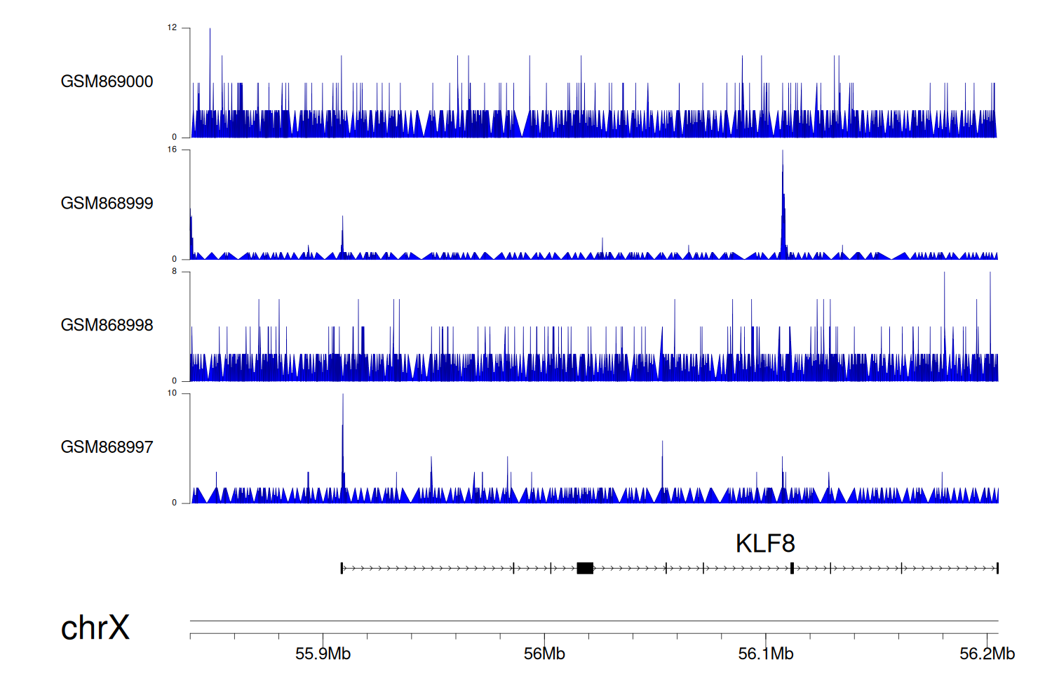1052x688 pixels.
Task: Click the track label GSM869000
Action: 107,81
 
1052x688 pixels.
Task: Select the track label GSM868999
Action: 107,204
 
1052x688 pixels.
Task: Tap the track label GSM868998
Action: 107,325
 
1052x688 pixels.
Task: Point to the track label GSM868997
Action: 107,447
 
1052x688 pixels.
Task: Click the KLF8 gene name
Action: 764,543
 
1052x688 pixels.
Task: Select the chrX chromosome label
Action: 95,628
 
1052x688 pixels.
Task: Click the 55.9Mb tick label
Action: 323,654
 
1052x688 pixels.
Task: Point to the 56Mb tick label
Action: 544,654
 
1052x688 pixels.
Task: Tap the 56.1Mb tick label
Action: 766,654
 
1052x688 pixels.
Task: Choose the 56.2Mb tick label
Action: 987,654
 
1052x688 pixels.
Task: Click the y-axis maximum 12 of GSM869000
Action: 172,28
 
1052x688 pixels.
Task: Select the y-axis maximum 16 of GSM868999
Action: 172,150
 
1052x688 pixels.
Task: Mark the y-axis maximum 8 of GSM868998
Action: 174,272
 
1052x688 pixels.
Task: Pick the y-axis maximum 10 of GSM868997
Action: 172,393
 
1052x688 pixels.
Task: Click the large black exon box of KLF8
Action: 585,568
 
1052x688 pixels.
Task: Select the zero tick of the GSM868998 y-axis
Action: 175,381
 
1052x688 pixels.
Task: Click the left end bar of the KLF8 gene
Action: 342,568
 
